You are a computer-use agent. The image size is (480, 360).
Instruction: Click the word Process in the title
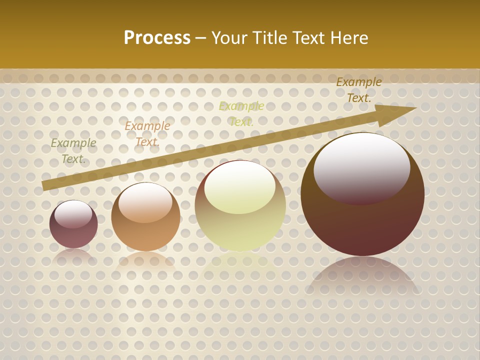pyautogui.click(x=157, y=38)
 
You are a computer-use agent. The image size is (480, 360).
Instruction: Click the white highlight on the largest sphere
pyautogui.click(x=361, y=167)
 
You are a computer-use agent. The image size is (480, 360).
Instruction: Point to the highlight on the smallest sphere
pyautogui.click(x=73, y=214)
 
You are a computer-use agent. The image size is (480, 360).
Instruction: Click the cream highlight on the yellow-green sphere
pyautogui.click(x=240, y=187)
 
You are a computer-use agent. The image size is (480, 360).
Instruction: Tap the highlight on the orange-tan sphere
pyautogui.click(x=145, y=202)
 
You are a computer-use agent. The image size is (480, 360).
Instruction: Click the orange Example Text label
pyautogui.click(x=147, y=134)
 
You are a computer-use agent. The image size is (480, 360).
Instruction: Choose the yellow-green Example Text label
pyautogui.click(x=241, y=114)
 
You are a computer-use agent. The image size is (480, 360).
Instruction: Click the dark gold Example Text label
pyautogui.click(x=358, y=90)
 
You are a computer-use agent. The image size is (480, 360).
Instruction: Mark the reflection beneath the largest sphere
pyautogui.click(x=362, y=277)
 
